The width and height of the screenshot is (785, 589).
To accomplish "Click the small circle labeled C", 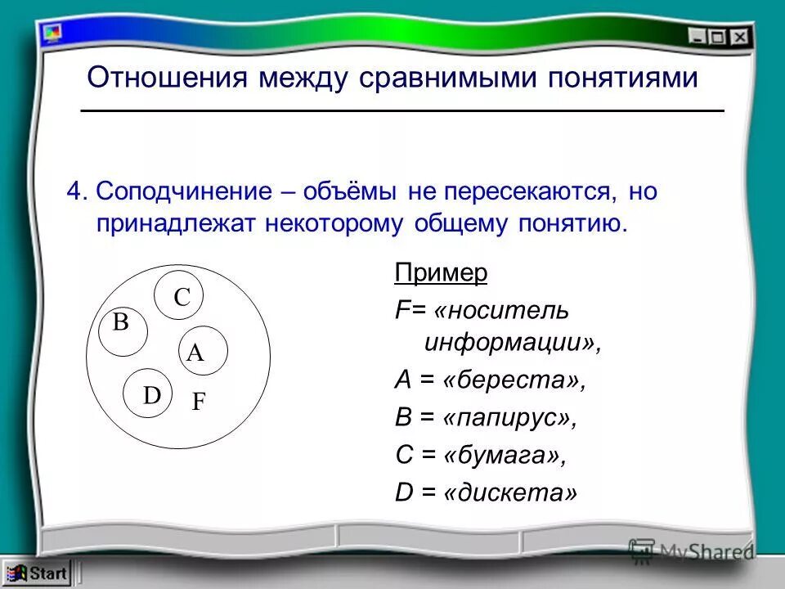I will tap(179, 297).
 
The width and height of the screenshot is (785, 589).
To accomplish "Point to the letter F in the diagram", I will tap(199, 402).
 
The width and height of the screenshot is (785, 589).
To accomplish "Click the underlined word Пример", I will tap(441, 273).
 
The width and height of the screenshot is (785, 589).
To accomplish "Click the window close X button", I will tap(740, 36).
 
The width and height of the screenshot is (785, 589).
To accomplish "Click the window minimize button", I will tap(698, 36).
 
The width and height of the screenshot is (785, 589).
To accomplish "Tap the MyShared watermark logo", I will tap(690, 552).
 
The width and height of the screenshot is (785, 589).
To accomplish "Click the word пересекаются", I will tap(529, 193).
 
